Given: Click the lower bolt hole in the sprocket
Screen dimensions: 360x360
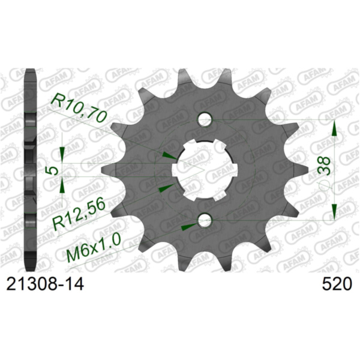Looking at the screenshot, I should coord(204,221).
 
